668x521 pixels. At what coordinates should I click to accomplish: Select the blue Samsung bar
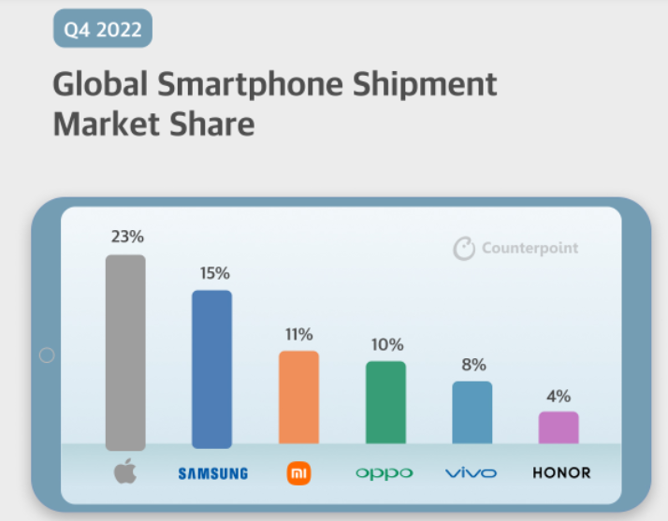(x=211, y=369)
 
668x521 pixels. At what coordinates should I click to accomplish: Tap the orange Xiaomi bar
(x=298, y=397)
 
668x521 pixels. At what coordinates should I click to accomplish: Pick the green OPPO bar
(x=385, y=401)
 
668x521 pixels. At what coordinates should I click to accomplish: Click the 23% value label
(x=126, y=237)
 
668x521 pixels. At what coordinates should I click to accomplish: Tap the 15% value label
(x=213, y=273)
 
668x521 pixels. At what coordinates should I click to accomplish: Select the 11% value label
(x=298, y=334)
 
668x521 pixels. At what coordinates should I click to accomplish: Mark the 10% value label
(x=385, y=344)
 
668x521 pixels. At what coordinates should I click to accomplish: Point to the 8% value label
(x=472, y=365)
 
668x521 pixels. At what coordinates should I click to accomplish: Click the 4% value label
(x=559, y=395)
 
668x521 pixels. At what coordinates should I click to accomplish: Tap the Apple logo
(x=124, y=471)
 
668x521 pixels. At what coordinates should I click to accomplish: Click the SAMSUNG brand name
(x=212, y=473)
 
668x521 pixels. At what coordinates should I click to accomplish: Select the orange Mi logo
(x=298, y=473)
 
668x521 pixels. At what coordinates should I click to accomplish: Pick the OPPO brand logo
(x=385, y=473)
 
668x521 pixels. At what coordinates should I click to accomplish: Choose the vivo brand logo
(x=472, y=473)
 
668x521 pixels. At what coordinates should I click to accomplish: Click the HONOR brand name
(x=561, y=472)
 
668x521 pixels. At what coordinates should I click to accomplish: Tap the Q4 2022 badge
(x=102, y=29)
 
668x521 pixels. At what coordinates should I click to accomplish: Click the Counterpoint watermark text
(x=530, y=248)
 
